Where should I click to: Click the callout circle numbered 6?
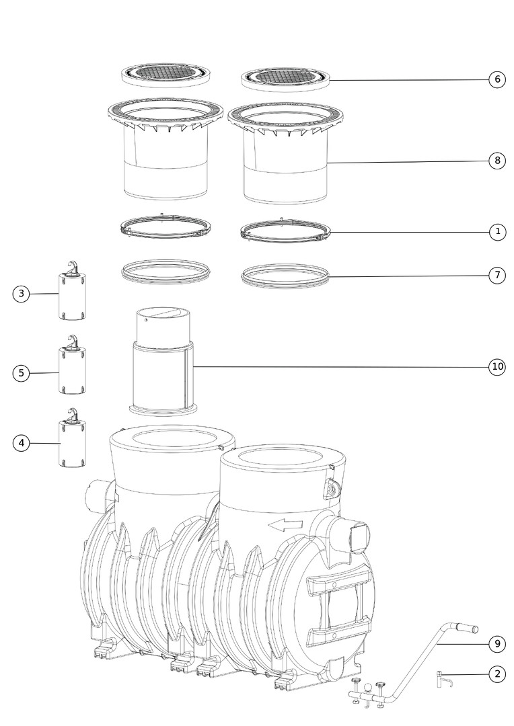click(x=497, y=79)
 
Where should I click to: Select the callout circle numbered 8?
click(x=497, y=161)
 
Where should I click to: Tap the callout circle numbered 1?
click(x=498, y=231)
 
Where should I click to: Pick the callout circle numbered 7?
click(x=497, y=276)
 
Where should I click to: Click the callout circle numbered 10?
click(x=497, y=367)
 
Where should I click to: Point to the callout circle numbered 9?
click(x=497, y=643)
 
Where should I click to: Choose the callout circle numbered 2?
click(x=497, y=674)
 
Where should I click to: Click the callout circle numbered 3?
click(x=21, y=294)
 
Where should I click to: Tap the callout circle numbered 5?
click(x=21, y=372)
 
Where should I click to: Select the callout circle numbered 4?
click(x=21, y=443)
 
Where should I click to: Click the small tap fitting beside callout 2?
click(x=443, y=679)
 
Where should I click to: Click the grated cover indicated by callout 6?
click(x=286, y=79)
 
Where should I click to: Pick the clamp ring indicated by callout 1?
click(x=287, y=231)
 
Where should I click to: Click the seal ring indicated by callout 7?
click(x=285, y=276)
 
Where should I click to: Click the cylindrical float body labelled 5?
click(x=72, y=371)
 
